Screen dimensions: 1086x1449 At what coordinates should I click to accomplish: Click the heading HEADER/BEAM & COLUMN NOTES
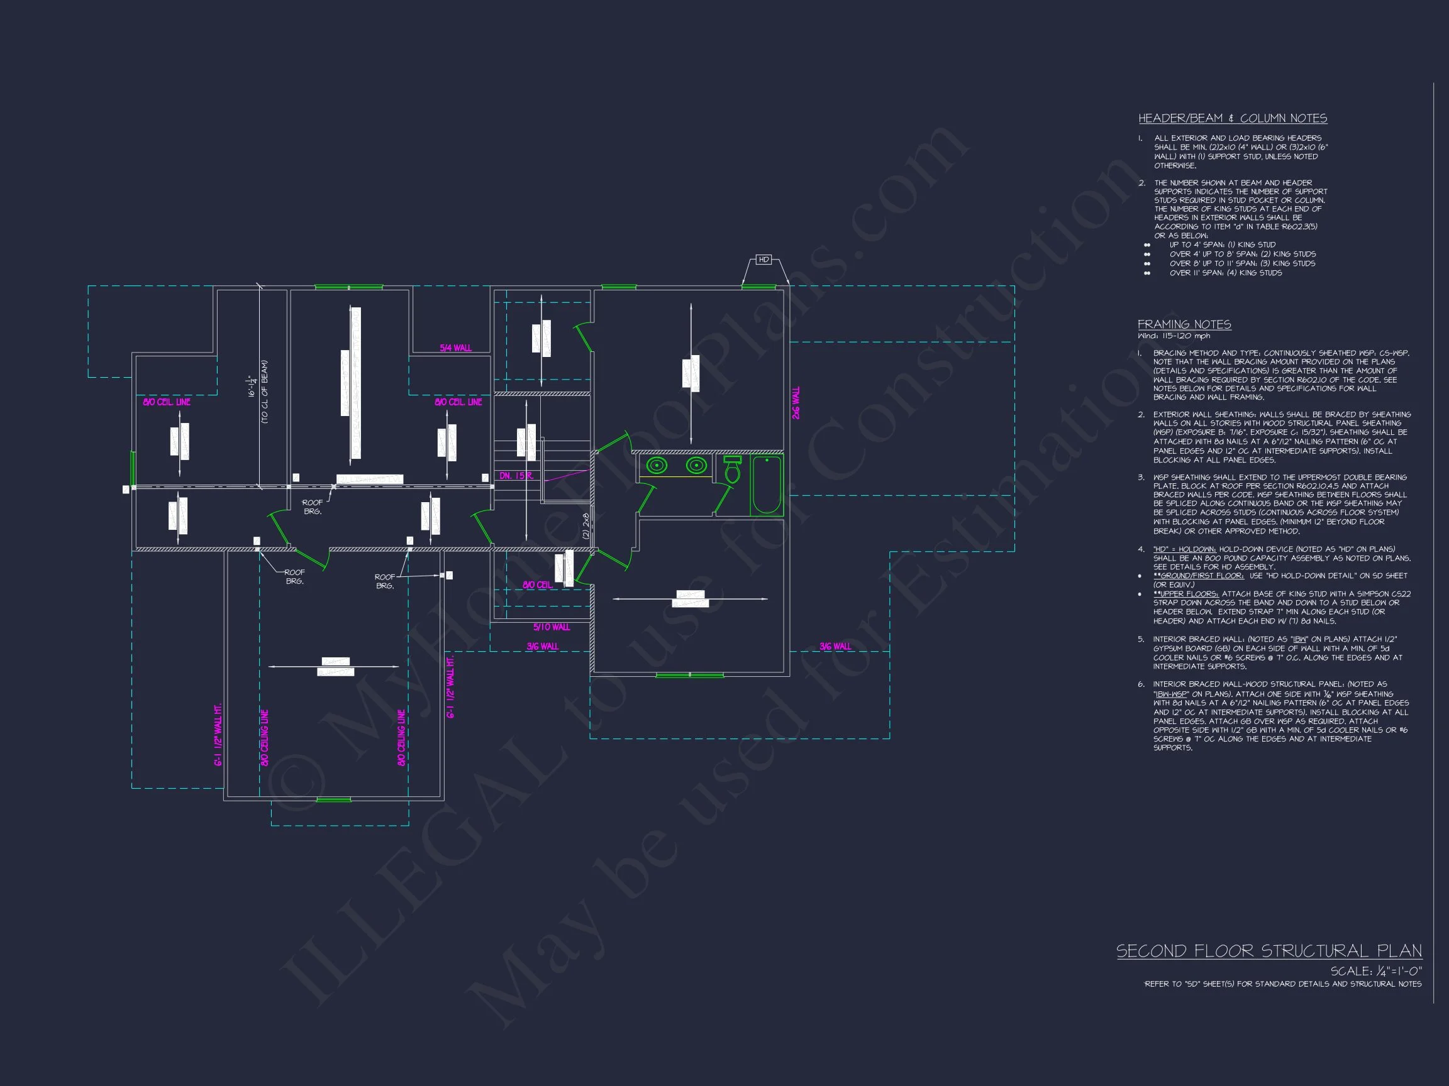coord(1232,119)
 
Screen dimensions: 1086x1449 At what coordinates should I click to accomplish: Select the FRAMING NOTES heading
coord(1184,325)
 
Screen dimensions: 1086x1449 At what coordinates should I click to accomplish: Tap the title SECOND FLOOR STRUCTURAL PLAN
coord(1269,951)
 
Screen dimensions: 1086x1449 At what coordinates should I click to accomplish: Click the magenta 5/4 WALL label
coord(455,348)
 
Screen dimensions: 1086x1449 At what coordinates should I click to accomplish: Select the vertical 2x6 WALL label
coord(796,403)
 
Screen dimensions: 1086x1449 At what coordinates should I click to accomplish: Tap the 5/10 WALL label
coord(551,627)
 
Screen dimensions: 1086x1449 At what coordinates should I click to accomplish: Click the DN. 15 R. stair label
coord(516,476)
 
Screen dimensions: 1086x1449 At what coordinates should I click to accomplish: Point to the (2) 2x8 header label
coord(586,525)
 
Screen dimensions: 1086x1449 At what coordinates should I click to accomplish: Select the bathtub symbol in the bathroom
coord(767,486)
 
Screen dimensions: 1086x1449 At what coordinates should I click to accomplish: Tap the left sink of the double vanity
coord(657,466)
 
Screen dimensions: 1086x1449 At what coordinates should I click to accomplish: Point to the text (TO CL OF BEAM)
coord(265,392)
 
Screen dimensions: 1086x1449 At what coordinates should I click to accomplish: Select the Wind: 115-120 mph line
coord(1174,336)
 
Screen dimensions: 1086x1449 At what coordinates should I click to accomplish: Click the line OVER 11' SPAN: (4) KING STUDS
coord(1225,273)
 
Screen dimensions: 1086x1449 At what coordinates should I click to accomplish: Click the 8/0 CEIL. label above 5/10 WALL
coord(537,584)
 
